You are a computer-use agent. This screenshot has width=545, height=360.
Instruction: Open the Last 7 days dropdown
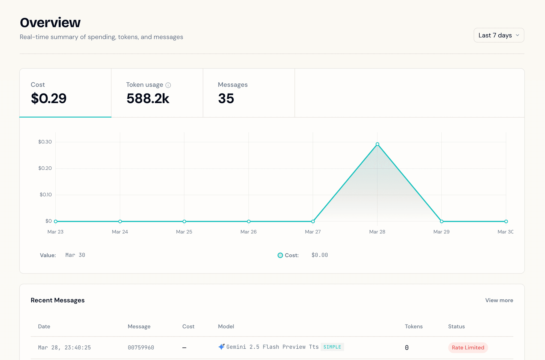coord(499,35)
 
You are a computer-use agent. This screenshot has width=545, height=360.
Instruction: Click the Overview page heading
coord(50,22)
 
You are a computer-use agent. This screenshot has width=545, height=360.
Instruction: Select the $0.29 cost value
coord(49,98)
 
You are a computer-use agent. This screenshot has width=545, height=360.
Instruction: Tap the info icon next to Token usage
coord(168,85)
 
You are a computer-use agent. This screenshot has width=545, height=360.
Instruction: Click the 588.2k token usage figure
coord(148,98)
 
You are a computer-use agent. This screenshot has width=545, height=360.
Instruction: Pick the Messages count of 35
coord(226,98)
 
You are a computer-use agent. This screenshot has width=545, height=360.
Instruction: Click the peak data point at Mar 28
coord(377,144)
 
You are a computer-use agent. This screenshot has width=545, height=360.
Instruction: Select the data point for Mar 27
coord(313,221)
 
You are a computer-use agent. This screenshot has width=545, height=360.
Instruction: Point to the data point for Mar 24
coord(120,221)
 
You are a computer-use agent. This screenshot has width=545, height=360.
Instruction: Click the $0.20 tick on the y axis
coord(45,168)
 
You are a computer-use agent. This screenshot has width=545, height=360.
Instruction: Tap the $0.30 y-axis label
coord(45,142)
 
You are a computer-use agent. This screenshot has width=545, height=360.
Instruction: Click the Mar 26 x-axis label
coord(248,232)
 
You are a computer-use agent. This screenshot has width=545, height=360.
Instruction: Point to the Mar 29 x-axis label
coord(441,232)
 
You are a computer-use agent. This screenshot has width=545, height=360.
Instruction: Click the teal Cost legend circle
coord(280,255)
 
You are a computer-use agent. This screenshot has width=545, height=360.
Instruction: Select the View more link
coord(499,300)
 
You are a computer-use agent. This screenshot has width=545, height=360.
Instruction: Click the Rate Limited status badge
coord(468,347)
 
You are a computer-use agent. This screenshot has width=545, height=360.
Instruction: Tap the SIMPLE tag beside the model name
coord(332,347)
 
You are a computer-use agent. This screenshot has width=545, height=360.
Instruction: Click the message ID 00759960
coord(141,347)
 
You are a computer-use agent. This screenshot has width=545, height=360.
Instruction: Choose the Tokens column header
coord(413,326)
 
